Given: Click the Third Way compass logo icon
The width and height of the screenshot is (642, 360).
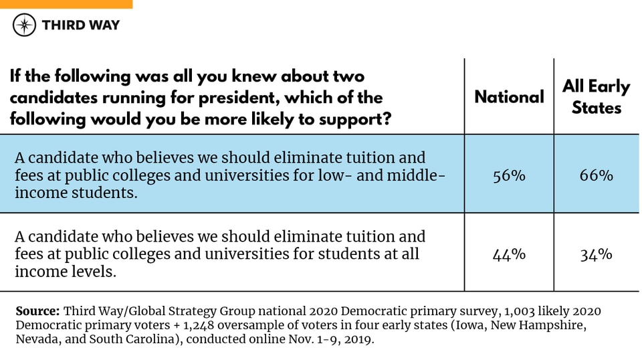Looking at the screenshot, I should coord(25,25).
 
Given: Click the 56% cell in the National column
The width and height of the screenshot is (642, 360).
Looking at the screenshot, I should coord(509,175).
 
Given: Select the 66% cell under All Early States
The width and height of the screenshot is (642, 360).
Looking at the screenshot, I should coord(596,175).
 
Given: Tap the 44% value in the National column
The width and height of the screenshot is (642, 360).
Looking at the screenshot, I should coord(509,254).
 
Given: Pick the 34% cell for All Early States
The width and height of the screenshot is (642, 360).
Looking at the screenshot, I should coord(596,254).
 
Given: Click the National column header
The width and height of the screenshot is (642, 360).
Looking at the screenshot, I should coord(509,97).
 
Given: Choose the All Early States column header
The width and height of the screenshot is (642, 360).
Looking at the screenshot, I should coord(596,97).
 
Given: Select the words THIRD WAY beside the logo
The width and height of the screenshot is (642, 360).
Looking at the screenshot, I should coord(80,25).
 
